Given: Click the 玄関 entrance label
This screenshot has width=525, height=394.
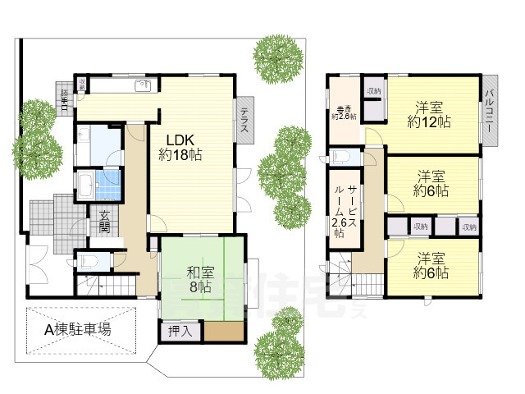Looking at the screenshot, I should click(106, 222).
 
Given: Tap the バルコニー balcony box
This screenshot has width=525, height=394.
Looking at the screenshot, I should click(490, 117).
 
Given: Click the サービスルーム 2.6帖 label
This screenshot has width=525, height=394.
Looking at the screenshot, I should click(345, 211).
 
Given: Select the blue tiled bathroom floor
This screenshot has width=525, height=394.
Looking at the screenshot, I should click(107, 181).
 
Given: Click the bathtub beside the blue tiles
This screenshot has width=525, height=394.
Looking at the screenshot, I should click(86, 181).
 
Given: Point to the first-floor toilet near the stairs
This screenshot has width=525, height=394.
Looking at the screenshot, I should click(89, 261).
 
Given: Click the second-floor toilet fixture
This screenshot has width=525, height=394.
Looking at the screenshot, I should click(343, 156).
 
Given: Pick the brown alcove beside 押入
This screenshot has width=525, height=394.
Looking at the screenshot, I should click(224, 332).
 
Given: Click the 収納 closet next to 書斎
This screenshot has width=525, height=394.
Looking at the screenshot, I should click(374, 93).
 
